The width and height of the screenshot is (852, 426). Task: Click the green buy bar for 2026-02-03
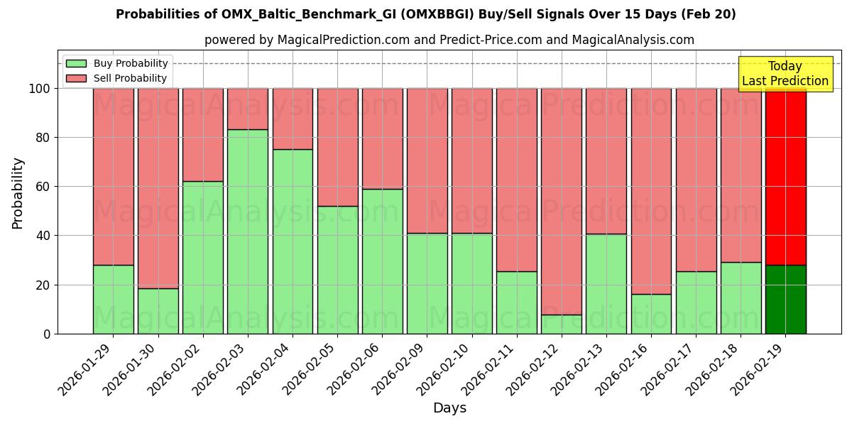[248, 231]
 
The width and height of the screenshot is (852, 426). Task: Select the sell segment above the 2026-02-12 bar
[562, 201]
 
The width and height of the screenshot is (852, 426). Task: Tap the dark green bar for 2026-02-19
[786, 299]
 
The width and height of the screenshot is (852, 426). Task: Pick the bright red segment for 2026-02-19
[786, 176]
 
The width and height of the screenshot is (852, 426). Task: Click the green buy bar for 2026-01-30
[158, 311]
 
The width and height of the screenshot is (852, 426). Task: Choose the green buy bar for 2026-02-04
[293, 241]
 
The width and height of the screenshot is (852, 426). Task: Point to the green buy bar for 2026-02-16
[651, 314]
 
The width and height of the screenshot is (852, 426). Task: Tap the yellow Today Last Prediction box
[785, 74]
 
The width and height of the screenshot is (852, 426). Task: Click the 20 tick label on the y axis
[42, 285]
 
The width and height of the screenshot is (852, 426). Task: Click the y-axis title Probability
[18, 193]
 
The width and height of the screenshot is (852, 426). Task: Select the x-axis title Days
[449, 408]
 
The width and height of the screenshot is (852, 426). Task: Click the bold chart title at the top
[426, 14]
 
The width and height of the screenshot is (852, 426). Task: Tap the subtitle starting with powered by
[449, 40]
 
